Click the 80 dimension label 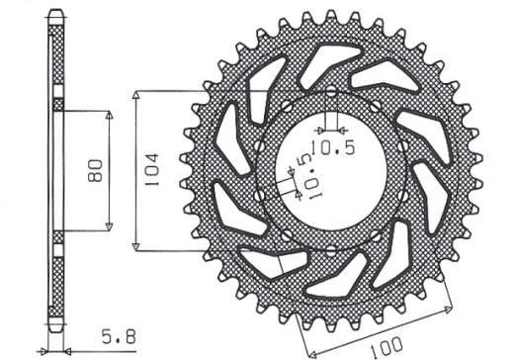click(x=95, y=170)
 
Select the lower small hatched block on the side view click(x=56, y=235)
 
